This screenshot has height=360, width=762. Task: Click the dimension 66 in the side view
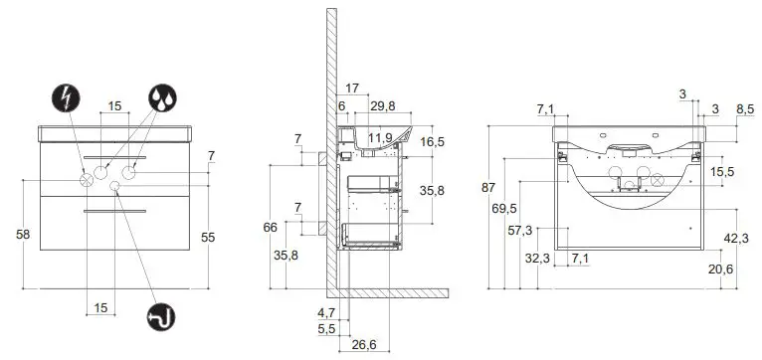point(270,228)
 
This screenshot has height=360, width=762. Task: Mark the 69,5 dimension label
point(505,208)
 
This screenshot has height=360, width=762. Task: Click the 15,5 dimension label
point(723,172)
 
